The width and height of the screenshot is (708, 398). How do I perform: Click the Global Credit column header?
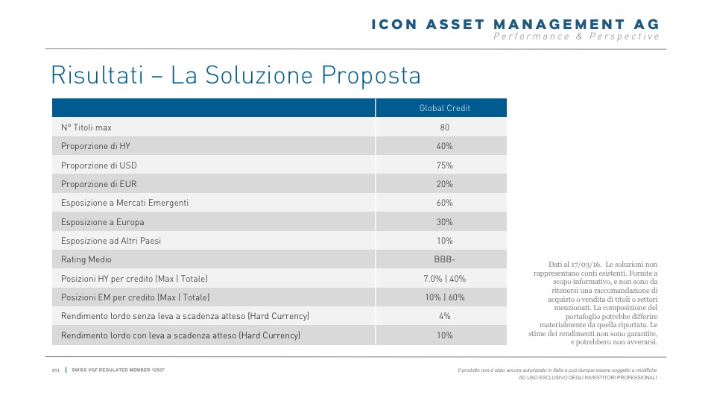(445, 108)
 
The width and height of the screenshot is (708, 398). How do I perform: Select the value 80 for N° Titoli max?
(445, 127)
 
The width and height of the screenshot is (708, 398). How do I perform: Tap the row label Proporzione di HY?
(95, 146)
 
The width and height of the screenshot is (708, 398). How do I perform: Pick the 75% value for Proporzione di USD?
(445, 165)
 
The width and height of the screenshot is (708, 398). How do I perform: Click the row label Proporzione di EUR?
(99, 184)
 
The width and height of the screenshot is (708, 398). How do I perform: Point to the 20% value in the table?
(445, 184)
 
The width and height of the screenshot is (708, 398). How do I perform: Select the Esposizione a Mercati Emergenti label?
(124, 203)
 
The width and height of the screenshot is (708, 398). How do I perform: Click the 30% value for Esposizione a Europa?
(445, 222)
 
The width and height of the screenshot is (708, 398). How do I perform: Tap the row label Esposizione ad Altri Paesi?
(111, 241)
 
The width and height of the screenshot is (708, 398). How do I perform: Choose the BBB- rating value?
(445, 259)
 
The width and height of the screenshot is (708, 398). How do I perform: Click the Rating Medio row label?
(89, 259)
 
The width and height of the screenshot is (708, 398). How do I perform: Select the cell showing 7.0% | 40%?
(445, 279)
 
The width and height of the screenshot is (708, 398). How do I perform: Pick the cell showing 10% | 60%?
(445, 297)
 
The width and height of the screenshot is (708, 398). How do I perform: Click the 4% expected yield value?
(445, 316)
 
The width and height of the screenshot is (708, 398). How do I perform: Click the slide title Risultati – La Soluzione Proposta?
(236, 75)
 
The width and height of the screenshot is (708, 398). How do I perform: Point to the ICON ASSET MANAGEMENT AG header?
(515, 25)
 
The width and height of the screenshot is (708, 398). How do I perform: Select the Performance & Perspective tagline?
(577, 37)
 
